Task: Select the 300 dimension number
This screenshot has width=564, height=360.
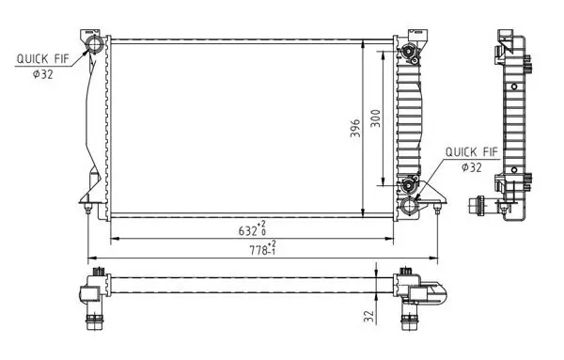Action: (x=374, y=119)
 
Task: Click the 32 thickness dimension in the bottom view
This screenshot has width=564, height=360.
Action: (x=369, y=316)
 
